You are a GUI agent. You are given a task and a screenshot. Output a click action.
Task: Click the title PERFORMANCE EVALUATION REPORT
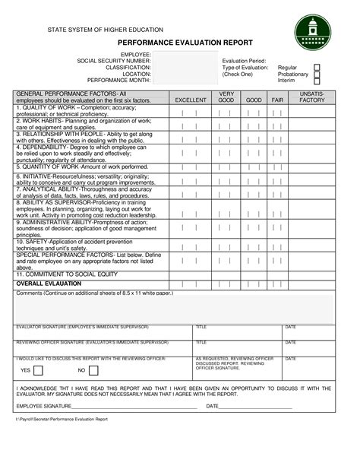[180, 45]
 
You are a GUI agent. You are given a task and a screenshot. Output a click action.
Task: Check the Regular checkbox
[317, 68]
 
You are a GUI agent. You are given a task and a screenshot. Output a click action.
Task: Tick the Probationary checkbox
[317, 74]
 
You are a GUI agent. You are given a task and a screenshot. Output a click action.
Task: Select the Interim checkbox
[317, 81]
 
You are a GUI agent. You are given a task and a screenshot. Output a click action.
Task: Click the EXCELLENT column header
[191, 100]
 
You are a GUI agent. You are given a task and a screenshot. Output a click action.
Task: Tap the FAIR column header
[277, 100]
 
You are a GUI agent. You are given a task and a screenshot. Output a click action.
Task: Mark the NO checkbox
[96, 370]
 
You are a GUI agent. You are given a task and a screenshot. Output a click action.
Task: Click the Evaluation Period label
[244, 61]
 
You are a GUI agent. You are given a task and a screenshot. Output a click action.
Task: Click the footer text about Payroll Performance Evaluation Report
[64, 419]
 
